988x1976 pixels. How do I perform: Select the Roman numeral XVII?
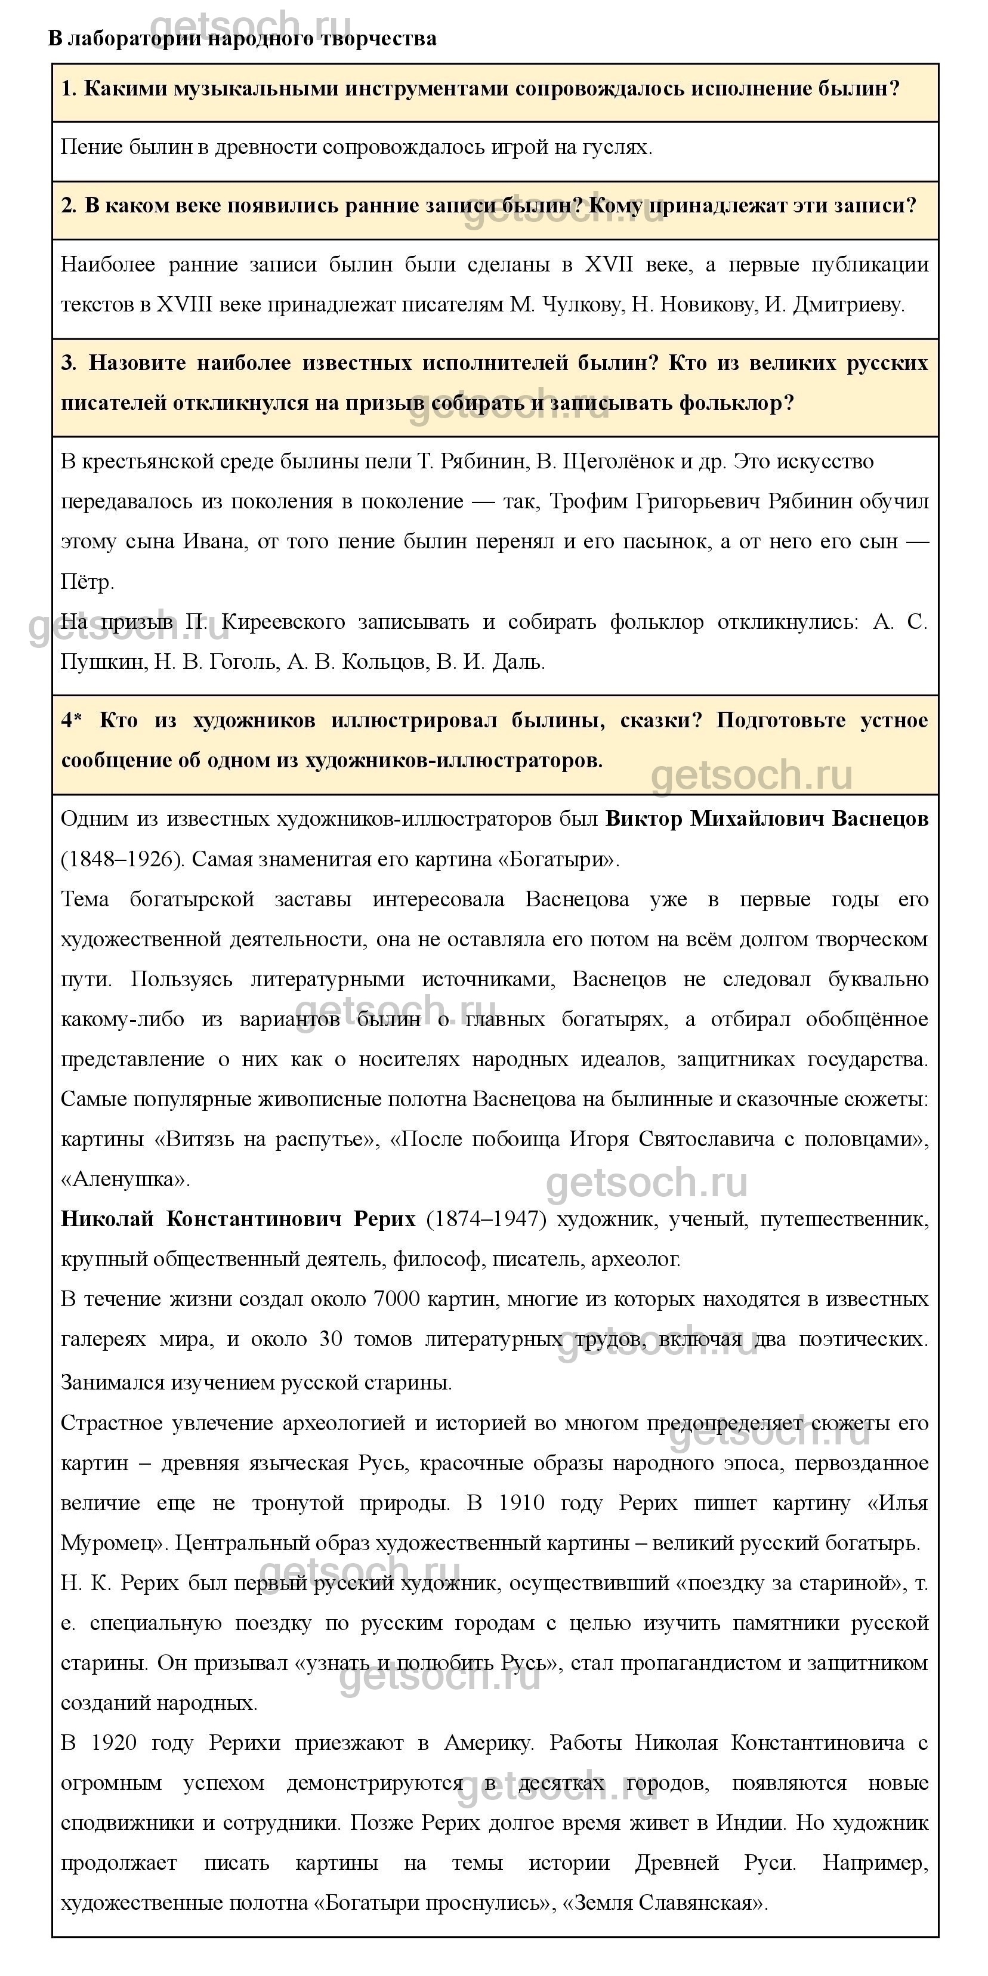tap(609, 265)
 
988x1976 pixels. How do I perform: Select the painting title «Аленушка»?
tap(124, 1179)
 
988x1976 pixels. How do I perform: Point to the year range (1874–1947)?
tap(486, 1219)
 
